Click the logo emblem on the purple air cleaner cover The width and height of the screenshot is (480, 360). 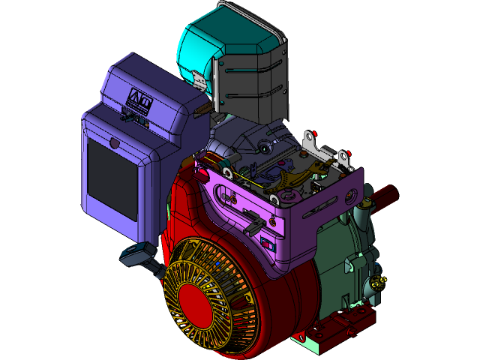tap(140, 98)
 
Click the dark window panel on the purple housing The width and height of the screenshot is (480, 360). tap(112, 180)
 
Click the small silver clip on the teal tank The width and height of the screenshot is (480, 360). tap(199, 78)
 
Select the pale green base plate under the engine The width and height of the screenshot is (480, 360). tap(315, 342)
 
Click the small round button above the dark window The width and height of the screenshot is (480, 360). tap(114, 142)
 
